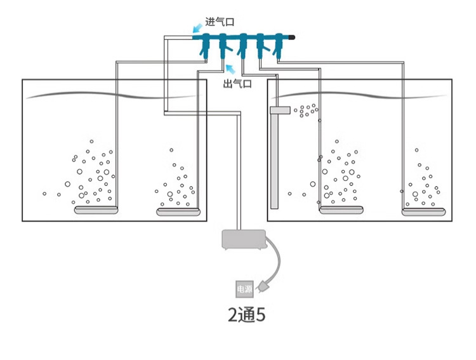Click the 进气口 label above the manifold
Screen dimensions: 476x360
(220, 22)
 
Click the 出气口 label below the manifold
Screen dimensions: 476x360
(237, 84)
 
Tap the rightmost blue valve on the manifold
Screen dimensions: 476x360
(278, 46)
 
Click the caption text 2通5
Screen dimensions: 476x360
(246, 316)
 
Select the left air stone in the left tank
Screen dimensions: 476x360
(96, 210)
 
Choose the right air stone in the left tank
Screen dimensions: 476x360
(178, 211)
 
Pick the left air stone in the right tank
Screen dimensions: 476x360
(341, 210)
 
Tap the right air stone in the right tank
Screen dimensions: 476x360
(423, 210)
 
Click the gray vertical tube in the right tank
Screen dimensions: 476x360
(274, 162)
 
